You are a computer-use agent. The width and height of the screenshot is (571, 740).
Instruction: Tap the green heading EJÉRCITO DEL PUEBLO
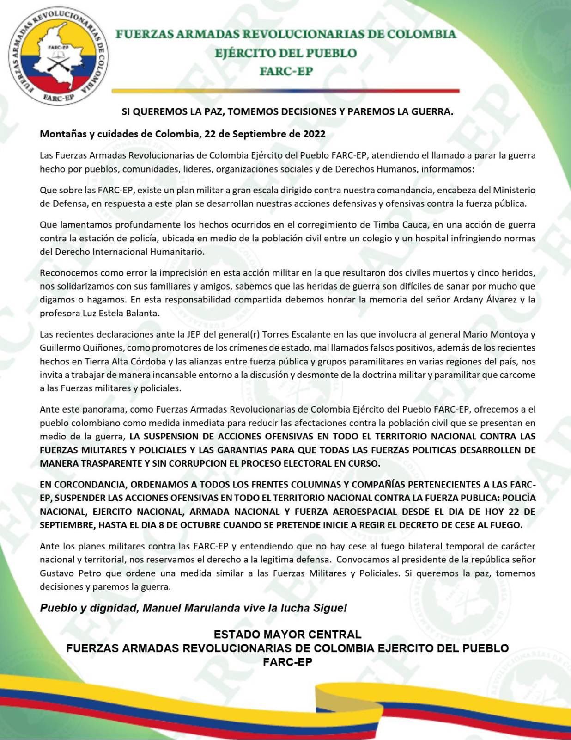tap(285, 53)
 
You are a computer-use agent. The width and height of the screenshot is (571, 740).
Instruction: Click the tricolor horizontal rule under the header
tap(285, 91)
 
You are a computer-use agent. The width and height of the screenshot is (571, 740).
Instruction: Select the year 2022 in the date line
tap(314, 134)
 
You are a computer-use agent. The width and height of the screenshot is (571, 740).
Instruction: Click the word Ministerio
tap(514, 190)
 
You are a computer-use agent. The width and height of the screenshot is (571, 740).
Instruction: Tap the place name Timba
tap(384, 225)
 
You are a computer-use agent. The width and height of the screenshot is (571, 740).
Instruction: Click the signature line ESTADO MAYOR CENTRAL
tap(287, 634)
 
